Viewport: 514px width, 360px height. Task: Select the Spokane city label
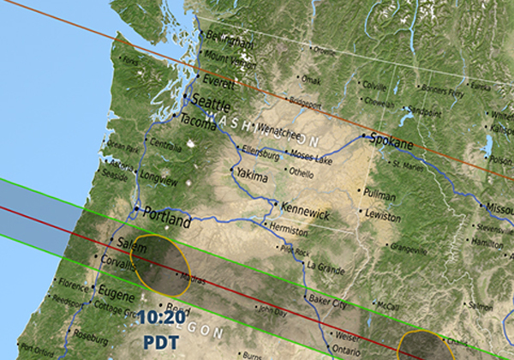tap(391, 141)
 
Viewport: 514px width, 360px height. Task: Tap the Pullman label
tap(380, 195)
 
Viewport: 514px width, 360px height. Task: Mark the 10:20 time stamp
tap(160, 317)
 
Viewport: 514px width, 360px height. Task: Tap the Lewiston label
tap(383, 218)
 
